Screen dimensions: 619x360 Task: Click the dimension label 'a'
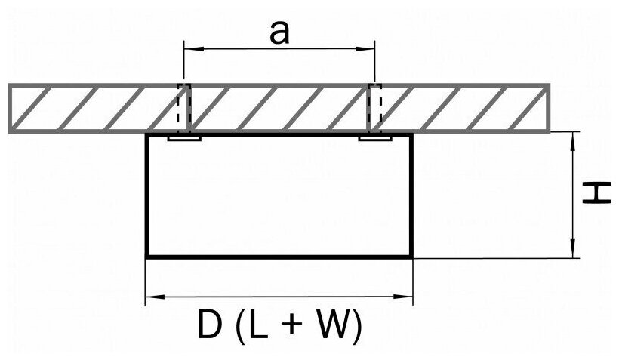pos(280,34)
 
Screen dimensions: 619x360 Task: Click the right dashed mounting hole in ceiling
pos(374,108)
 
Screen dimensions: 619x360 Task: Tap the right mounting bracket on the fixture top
pos(374,139)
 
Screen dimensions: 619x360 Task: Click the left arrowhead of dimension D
pos(149,297)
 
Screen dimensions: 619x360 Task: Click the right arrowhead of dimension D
pos(408,297)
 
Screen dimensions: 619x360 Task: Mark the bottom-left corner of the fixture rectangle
pos(146,257)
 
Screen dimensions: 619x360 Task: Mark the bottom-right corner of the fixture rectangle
pos(412,257)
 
